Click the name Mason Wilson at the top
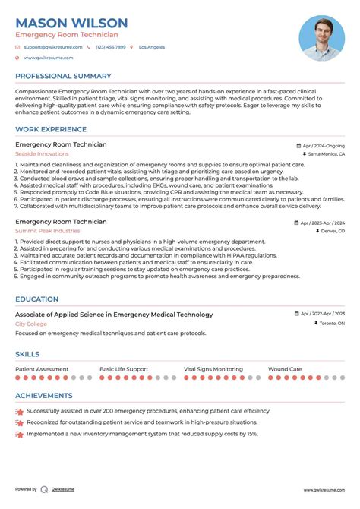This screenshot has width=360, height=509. pyautogui.click(x=71, y=23)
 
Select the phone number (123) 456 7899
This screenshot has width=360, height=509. pyautogui.click(x=111, y=47)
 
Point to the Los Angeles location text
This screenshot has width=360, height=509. pyautogui.click(x=152, y=47)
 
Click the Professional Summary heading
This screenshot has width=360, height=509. pyautogui.click(x=63, y=76)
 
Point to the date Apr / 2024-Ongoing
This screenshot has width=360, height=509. pyautogui.click(x=323, y=145)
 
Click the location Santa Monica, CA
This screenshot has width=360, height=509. pyautogui.click(x=326, y=154)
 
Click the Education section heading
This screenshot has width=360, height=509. pyautogui.click(x=37, y=299)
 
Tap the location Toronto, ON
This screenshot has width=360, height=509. pyautogui.click(x=330, y=324)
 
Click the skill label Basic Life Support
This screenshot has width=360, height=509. pyautogui.click(x=124, y=369)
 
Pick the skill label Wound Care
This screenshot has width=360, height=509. pyautogui.click(x=285, y=369)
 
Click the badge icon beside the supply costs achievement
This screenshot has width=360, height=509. pyautogui.click(x=19, y=434)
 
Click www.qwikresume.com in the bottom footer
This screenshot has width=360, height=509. pyautogui.click(x=325, y=490)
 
